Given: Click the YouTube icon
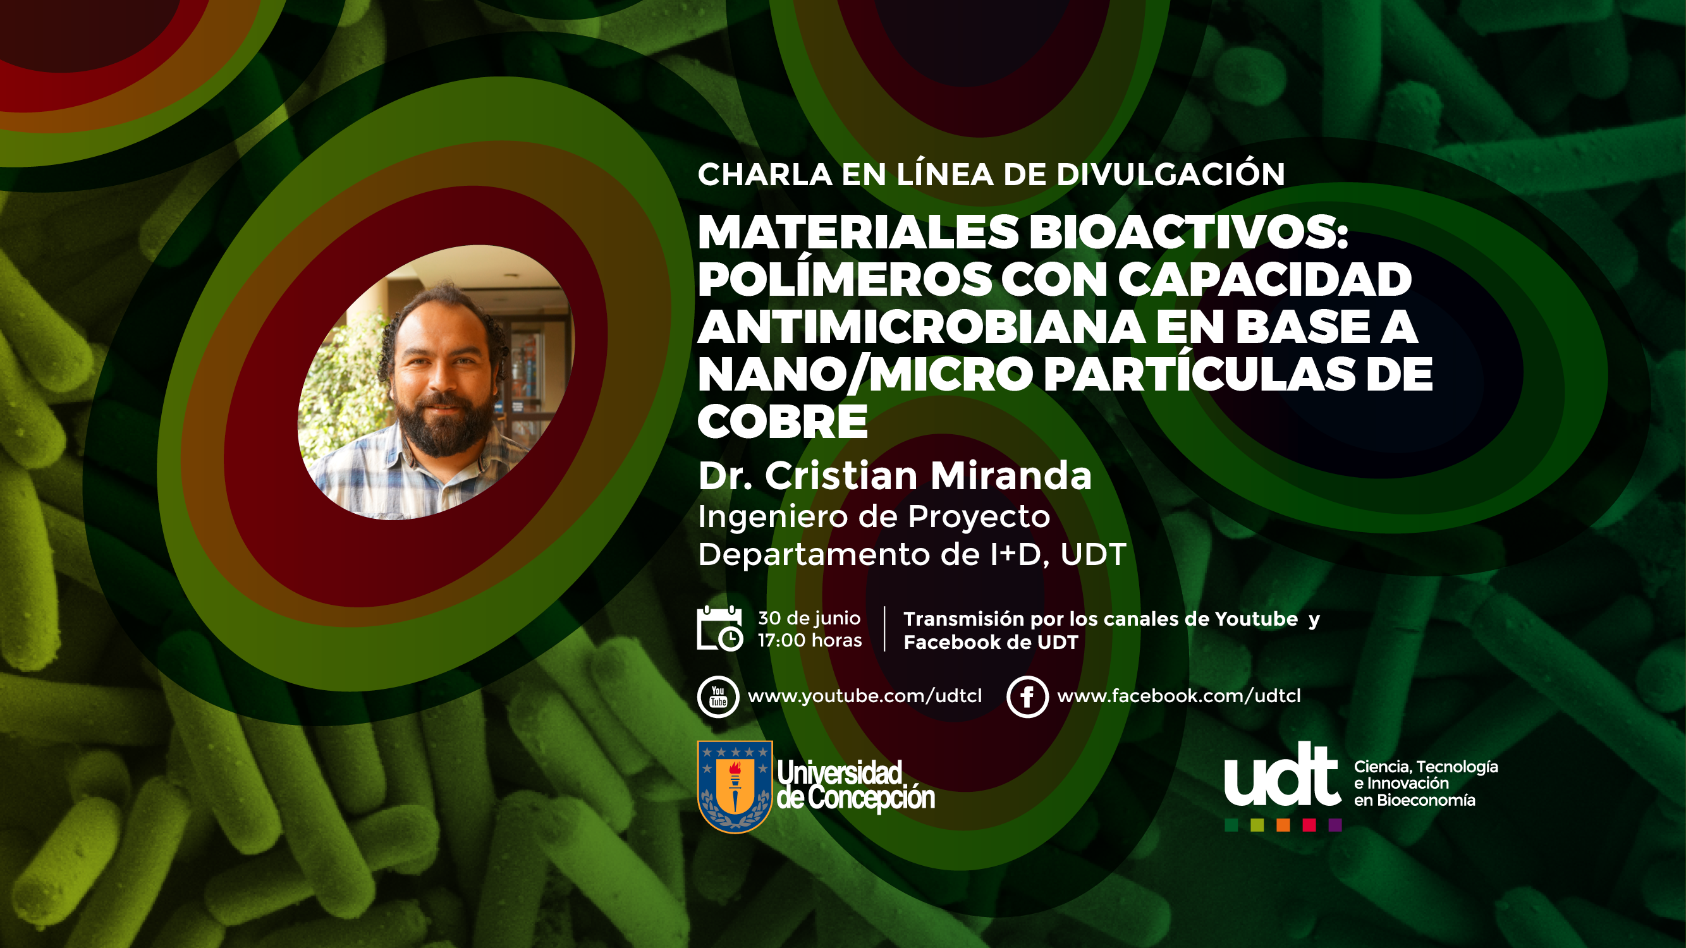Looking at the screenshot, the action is [x=718, y=696].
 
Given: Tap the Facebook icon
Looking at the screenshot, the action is [x=1027, y=696].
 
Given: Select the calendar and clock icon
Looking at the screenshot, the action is [x=720, y=629].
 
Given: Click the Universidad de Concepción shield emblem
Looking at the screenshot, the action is [x=735, y=786].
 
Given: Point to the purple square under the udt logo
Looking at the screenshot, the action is [x=1335, y=825].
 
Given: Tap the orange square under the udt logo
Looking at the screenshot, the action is [x=1283, y=825].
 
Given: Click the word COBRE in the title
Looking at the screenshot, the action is [x=783, y=422].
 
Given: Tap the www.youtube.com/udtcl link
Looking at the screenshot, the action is [x=865, y=696].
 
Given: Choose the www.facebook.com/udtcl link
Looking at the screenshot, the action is [x=1179, y=696].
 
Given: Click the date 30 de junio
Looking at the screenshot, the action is [x=809, y=618].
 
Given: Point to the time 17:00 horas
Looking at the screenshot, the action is [x=810, y=640].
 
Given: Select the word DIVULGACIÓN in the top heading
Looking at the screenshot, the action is [x=1170, y=173].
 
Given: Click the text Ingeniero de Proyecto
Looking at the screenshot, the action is [x=874, y=517].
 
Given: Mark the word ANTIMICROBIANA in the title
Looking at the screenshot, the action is [x=922, y=327].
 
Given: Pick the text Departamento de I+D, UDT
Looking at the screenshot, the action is [x=912, y=554].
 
